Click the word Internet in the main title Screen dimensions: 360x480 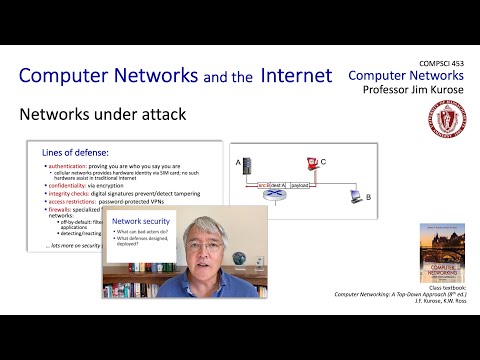point(296,75)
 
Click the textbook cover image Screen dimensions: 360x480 point(439,250)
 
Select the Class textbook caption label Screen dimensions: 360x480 point(448,287)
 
